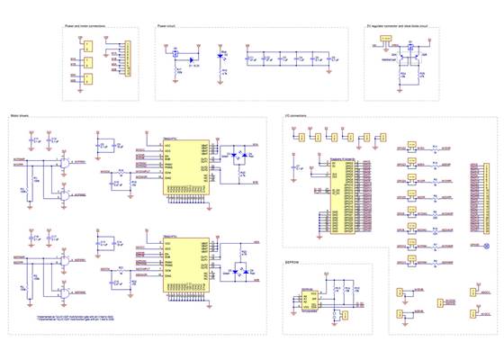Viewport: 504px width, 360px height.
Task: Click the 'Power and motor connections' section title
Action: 85,27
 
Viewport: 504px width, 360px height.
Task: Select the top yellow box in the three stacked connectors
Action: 87,46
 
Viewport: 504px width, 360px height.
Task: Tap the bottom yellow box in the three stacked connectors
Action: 87,79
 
